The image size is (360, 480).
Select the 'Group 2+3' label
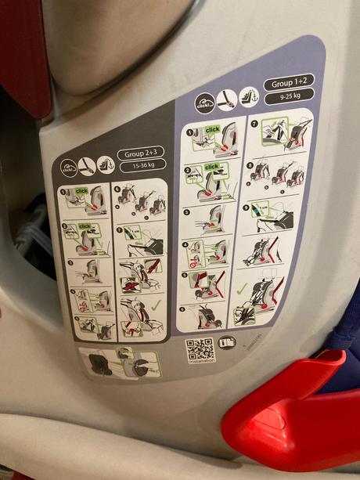point(141,154)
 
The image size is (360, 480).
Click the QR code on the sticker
point(200,348)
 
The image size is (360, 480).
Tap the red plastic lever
point(290,415)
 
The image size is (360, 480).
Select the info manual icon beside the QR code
point(226,342)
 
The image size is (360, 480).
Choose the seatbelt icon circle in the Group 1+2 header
point(227,99)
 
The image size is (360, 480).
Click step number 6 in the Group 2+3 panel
point(117,188)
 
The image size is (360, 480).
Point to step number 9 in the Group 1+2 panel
point(247,208)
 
